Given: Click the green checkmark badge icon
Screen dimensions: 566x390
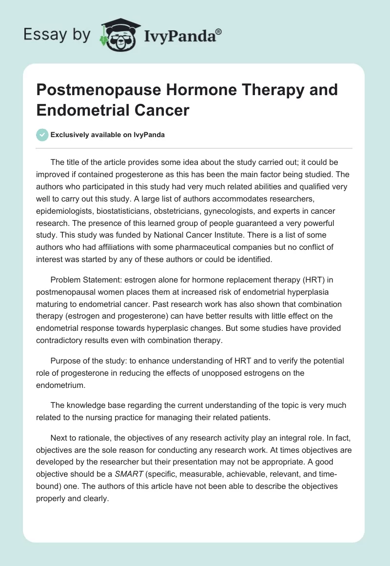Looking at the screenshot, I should pos(42,135).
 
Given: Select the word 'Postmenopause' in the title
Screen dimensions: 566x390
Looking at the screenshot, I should pos(97,90).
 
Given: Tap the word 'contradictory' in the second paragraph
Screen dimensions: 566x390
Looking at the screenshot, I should pos(62,340).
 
